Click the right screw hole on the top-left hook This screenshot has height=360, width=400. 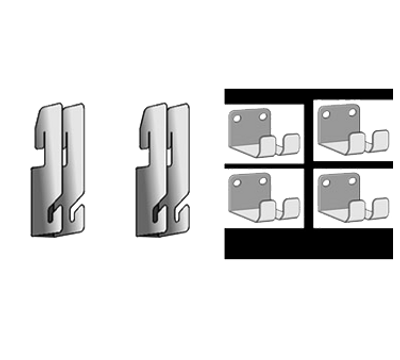262,115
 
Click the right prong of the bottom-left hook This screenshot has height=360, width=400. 293,207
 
